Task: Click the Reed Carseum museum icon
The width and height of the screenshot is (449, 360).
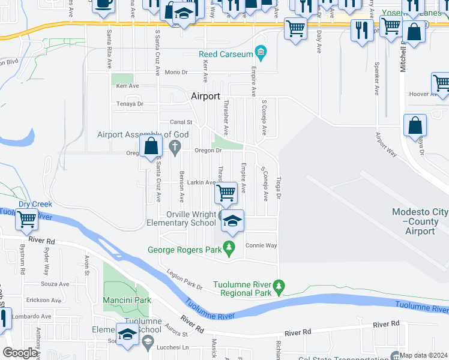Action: pos(261,54)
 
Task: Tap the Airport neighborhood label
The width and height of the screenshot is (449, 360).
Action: pos(205,96)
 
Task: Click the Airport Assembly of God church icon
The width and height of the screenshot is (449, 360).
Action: pos(175,146)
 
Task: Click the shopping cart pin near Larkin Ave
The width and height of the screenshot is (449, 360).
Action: pos(226,193)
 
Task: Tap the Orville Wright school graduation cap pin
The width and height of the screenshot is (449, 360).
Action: pos(232,221)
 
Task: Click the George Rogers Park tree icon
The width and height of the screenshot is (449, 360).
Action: pos(229,247)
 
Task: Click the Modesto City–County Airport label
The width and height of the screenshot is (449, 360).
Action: pos(420,221)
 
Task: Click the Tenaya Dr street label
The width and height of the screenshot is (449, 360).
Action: pos(130,104)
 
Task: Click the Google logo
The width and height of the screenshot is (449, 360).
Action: pos(20,353)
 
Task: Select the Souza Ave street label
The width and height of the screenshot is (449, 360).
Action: pos(55,284)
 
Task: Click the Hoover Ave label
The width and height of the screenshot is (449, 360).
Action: pos(423,94)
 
